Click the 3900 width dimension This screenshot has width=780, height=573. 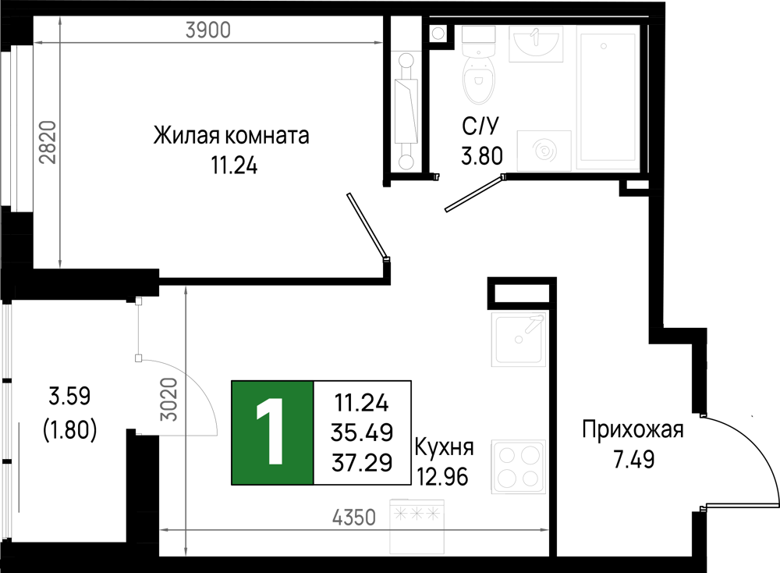tap(208, 30)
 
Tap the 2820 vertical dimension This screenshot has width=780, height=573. tap(48, 142)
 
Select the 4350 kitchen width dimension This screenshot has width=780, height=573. tap(354, 518)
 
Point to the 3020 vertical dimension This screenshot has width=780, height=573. tap(169, 399)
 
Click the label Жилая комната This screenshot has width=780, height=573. tap(232, 135)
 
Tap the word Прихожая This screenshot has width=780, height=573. tap(633, 429)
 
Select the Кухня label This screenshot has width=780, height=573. tap(444, 447)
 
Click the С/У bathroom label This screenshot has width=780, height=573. tap(480, 126)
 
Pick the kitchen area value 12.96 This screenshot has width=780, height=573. tap(442, 478)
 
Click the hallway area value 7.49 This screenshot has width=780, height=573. tap(633, 460)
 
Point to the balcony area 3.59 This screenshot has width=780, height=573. tap(69, 397)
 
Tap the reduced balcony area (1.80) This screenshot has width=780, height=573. tap(69, 429)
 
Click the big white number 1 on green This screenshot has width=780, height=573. tap(271, 432)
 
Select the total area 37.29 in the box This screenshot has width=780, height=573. tap(362, 463)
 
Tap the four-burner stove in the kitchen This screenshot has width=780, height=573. tap(519, 467)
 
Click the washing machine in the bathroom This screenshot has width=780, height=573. tap(544, 150)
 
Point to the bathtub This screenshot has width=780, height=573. tap(608, 98)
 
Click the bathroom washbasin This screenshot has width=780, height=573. tap(536, 44)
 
